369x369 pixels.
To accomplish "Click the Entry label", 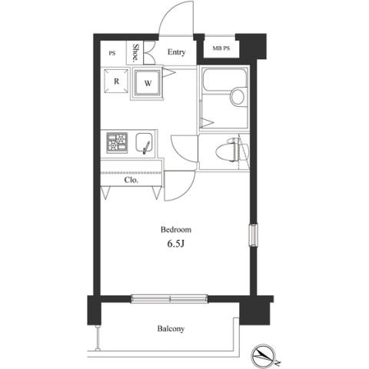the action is [176, 52].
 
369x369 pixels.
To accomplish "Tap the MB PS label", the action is [221, 48].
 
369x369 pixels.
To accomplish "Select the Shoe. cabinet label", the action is [135, 53].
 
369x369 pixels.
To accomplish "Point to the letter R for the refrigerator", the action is [117, 81].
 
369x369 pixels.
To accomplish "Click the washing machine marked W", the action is [147, 83].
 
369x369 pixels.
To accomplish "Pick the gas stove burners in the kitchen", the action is [117, 143].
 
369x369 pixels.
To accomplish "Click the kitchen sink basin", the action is [145, 144].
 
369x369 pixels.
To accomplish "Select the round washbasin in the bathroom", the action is [238, 96].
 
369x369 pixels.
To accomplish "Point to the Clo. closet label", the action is [131, 180].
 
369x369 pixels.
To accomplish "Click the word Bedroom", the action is [176, 229].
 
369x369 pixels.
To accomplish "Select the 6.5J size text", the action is [176, 244].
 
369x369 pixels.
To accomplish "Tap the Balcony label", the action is [171, 328].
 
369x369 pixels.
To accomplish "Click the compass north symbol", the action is [264, 354].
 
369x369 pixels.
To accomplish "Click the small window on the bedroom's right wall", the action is [254, 235].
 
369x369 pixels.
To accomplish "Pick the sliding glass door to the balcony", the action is [169, 299].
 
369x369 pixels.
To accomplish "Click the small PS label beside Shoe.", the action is [112, 53].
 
